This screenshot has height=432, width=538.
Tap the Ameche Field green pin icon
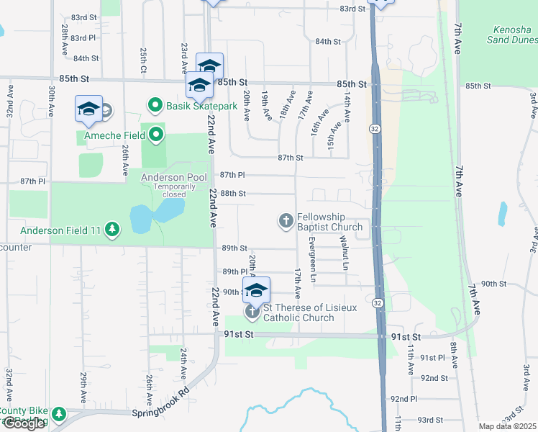[156, 134]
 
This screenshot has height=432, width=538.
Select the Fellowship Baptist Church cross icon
[286, 220]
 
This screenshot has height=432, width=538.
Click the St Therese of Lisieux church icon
[252, 312]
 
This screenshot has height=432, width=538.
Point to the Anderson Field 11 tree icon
[111, 230]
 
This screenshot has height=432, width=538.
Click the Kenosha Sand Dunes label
[512, 35]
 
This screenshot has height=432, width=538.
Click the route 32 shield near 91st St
[377, 304]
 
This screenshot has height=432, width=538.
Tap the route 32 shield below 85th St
[375, 128]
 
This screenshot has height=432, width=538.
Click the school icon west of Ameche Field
[88, 109]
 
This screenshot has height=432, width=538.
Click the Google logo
[24, 423]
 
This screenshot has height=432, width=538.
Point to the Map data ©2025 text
[508, 426]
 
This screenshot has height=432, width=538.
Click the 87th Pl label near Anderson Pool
[232, 175]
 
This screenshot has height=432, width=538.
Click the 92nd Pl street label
[403, 398]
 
